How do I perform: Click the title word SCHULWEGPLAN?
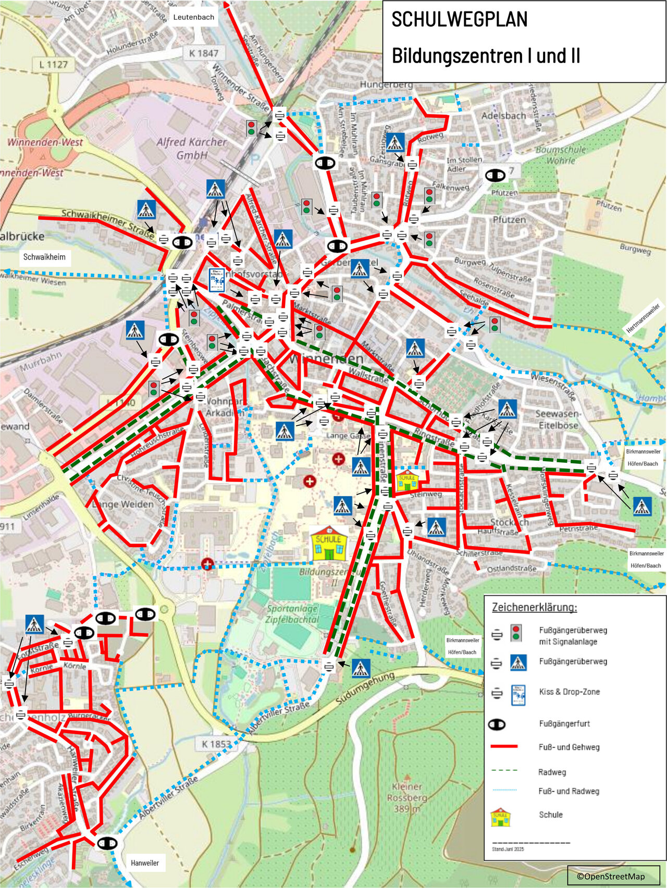point(459,20)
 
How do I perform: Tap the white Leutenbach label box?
point(193,17)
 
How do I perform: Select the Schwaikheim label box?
point(44,257)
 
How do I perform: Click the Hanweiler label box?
point(145,862)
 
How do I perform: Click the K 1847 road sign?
point(204,53)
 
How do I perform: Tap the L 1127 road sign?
point(53,65)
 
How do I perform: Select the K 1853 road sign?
point(216,744)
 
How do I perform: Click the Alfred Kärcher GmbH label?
point(192,148)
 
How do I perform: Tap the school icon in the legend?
point(500,817)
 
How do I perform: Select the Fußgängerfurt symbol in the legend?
point(497,724)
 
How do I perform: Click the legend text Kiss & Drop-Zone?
point(569,692)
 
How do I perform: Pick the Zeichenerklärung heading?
point(534,608)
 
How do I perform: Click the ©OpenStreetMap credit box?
point(613,876)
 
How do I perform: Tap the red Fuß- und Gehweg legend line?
point(504,747)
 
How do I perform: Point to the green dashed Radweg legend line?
point(504,770)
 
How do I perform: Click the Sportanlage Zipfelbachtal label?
point(292,614)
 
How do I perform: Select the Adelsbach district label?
point(503,116)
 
